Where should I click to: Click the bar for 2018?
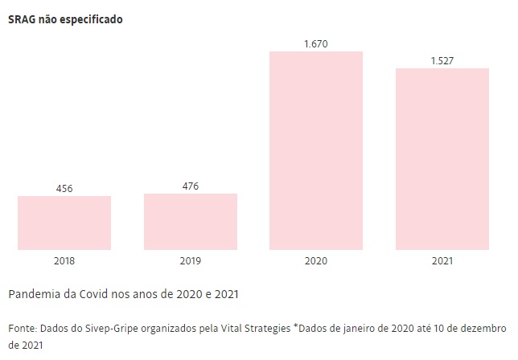64,223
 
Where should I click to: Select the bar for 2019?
191,222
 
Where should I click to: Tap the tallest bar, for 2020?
316,150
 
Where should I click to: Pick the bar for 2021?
442,159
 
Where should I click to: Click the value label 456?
64,189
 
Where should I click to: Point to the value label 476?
191,186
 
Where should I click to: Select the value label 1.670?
316,43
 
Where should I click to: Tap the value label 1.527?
442,61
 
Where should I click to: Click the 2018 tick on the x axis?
64,261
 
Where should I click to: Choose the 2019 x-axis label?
191,261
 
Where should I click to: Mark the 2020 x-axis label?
316,261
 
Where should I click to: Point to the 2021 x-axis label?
442,261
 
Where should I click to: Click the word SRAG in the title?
22,18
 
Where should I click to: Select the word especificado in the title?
92,18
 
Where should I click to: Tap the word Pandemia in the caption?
34,294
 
